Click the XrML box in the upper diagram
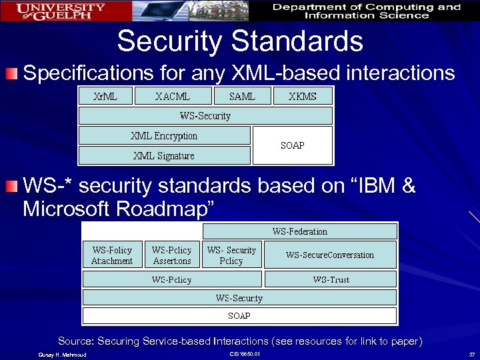pyautogui.click(x=105, y=96)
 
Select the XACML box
pyautogui.click(x=173, y=96)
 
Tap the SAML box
pyautogui.click(x=242, y=96)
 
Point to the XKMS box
pyautogui.click(x=303, y=96)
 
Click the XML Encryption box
pyautogui.click(x=164, y=136)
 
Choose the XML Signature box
pyautogui.click(x=164, y=156)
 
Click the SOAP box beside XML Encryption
pyautogui.click(x=293, y=145)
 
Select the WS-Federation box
pyautogui.click(x=299, y=231)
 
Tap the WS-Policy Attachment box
pyautogui.click(x=112, y=255)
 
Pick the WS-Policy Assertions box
pyautogui.click(x=171, y=255)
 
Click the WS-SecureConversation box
pyautogui.click(x=330, y=255)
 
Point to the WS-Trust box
pyautogui.click(x=331, y=279)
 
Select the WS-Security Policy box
pyautogui.click(x=231, y=255)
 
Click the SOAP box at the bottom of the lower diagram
pyautogui.click(x=239, y=315)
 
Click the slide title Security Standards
pyautogui.click(x=240, y=41)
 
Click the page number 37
pyautogui.click(x=471, y=353)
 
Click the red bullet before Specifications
pyautogui.click(x=14, y=73)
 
